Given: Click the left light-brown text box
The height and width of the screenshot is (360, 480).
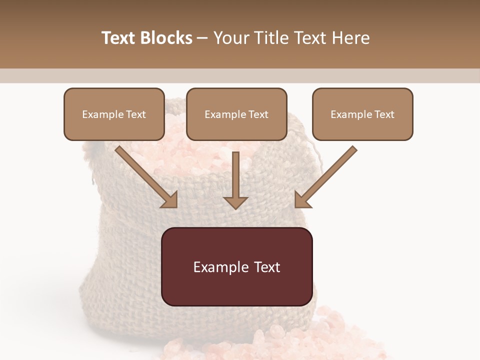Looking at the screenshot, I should (114, 114).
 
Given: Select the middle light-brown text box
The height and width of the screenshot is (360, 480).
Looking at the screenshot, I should (236, 114).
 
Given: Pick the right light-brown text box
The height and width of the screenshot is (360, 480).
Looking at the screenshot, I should (362, 114).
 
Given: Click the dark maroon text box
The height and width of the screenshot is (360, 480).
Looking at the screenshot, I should (237, 266).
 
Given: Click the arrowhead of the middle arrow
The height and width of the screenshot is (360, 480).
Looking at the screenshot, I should (235, 202).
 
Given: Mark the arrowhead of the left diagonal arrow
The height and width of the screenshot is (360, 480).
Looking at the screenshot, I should (170, 200).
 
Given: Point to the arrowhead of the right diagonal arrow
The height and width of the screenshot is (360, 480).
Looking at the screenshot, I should (302, 200).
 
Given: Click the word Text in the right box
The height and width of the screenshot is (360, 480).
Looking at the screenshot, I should (384, 114).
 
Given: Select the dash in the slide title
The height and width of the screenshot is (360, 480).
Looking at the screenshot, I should (202, 38).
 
